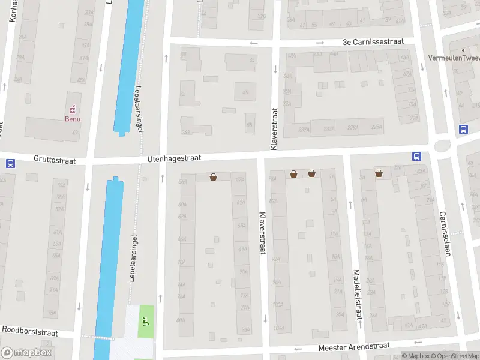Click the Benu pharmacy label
tap(73, 118)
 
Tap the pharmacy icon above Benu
tap(73, 109)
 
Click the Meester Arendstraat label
tap(354, 346)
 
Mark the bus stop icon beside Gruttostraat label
tap(10, 163)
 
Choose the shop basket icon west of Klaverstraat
tap(213, 177)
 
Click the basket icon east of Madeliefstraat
tap(379, 174)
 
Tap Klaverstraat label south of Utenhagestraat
tap(262, 233)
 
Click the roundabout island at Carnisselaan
tap(443, 145)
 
